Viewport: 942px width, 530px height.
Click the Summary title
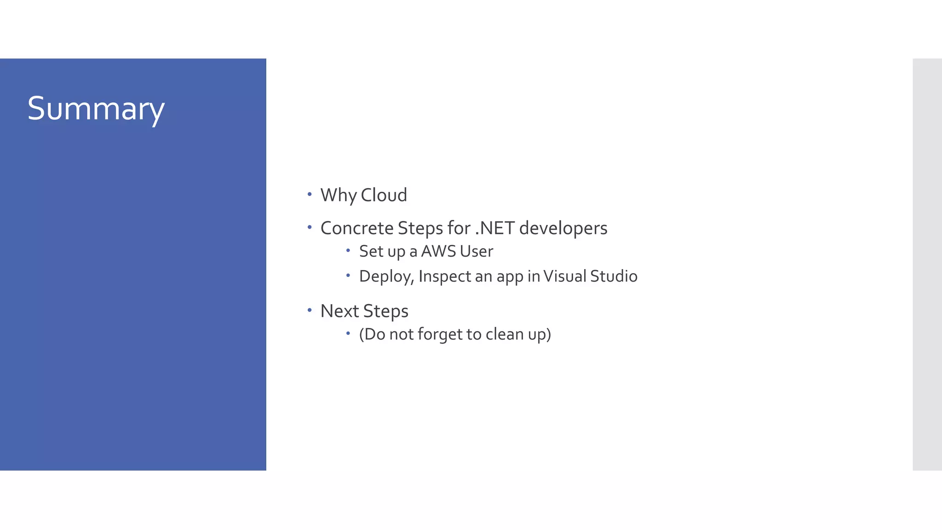pos(96,109)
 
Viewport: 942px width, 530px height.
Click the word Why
pos(339,195)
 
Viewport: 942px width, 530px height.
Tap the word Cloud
pos(384,195)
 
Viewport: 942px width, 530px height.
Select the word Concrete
pos(356,228)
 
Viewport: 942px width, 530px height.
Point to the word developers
pos(563,228)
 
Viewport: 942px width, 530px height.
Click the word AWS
pos(438,251)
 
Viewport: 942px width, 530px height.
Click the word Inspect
pos(445,276)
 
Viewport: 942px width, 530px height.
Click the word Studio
pos(614,276)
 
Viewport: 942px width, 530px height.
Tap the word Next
pos(339,311)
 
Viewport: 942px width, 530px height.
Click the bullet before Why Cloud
pos(310,194)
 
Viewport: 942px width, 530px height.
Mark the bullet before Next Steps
pos(310,310)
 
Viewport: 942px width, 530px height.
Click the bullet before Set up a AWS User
pos(348,250)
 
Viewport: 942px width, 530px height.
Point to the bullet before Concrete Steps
pos(310,227)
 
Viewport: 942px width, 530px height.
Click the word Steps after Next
pos(385,311)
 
